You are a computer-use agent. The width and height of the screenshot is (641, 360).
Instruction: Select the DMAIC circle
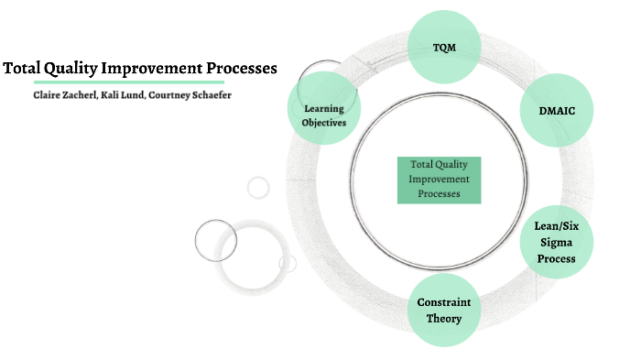point(555,111)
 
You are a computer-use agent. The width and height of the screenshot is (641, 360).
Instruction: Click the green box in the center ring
point(440,180)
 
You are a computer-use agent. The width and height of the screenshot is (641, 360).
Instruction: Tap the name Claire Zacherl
point(63,95)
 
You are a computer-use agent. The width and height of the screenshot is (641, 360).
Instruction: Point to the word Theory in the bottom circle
point(444,319)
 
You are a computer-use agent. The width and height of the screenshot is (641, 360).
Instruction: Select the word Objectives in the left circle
point(326,123)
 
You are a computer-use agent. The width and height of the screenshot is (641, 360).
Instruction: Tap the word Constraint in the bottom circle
point(444,302)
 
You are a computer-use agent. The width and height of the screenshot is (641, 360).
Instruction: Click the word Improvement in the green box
point(440,180)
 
